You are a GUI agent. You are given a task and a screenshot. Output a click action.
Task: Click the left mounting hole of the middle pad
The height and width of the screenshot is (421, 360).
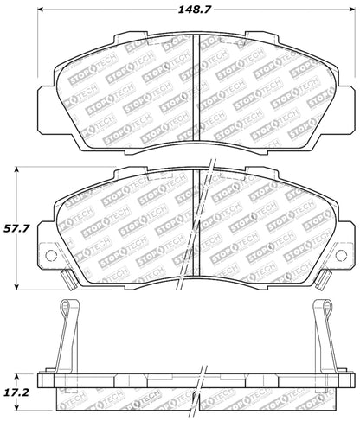48,256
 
